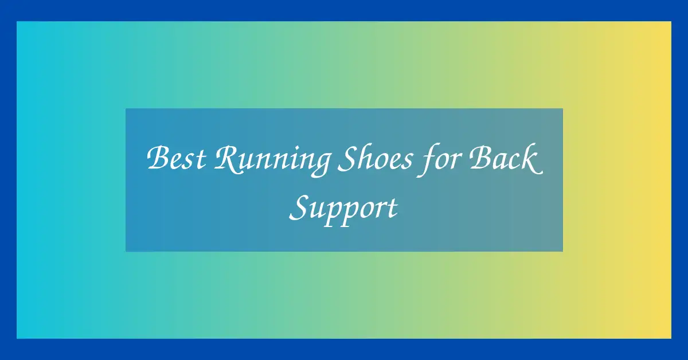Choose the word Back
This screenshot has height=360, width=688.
(x=506, y=158)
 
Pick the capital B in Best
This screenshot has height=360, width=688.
(x=159, y=158)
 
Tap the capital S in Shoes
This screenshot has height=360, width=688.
(x=349, y=158)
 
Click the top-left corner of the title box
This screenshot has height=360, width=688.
(x=126, y=108)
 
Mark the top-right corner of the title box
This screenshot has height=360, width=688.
(x=562, y=108)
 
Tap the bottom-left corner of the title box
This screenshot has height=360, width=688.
(x=126, y=251)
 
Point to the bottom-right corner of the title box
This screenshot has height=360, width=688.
(x=562, y=251)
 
